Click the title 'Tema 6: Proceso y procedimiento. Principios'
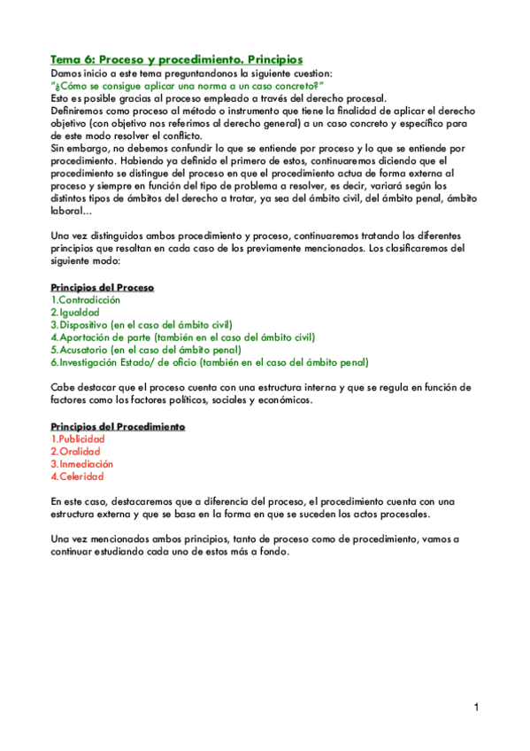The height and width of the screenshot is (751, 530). (x=177, y=58)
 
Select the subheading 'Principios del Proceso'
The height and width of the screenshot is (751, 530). (x=102, y=288)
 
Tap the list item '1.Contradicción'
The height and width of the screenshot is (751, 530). (x=86, y=300)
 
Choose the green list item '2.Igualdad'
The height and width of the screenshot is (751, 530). (x=75, y=313)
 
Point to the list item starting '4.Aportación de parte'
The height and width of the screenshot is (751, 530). (x=182, y=337)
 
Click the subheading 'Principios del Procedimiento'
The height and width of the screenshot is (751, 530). (x=118, y=427)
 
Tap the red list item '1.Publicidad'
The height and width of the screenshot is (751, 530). (x=78, y=439)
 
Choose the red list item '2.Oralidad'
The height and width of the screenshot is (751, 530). (x=75, y=452)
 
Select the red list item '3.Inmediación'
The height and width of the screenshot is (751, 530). (x=82, y=464)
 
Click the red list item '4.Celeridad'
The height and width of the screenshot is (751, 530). (x=78, y=476)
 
